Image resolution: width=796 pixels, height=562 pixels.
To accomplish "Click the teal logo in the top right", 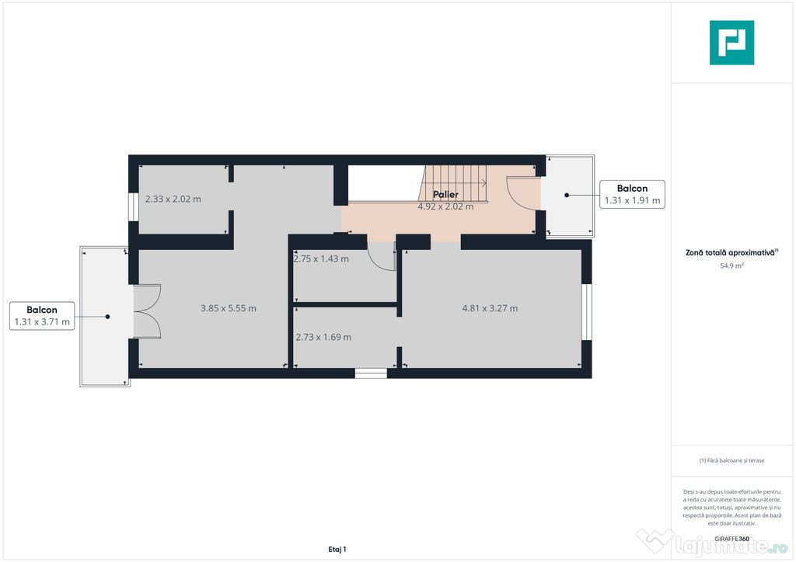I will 731,43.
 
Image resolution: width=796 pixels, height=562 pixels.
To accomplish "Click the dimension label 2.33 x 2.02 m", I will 173,199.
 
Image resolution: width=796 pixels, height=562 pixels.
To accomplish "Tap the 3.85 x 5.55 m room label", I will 228,308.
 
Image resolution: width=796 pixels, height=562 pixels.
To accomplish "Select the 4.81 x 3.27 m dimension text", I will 490,308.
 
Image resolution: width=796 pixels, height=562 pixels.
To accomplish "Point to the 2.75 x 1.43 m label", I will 321,258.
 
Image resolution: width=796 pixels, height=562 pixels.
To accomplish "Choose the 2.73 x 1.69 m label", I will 323,337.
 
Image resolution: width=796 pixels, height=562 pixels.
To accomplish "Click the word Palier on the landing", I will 445,195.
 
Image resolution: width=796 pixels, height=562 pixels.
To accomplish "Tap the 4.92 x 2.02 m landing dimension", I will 445,206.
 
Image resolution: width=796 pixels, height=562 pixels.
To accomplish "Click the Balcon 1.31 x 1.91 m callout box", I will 632,194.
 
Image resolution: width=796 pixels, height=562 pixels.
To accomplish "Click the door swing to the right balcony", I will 519,194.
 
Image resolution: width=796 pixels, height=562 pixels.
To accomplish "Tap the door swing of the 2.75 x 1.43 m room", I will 382,256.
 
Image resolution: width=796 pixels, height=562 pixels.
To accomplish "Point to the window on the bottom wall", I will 371,373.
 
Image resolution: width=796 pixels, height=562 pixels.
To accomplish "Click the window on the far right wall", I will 587,312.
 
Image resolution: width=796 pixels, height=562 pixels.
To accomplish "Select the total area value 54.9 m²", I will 731,265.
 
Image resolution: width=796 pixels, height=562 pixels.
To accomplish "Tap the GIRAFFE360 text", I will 733,539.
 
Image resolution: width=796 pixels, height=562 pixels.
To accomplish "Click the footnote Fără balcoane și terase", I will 731,460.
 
